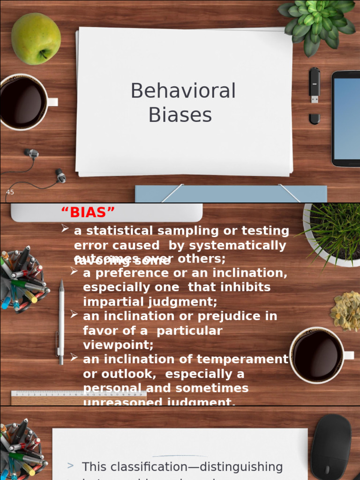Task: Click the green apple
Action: (36, 38)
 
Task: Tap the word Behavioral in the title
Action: (183, 91)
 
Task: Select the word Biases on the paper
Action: (180, 115)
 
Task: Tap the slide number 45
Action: (10, 192)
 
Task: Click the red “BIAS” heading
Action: (88, 213)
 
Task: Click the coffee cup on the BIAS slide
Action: (318, 355)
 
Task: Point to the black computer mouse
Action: (331, 446)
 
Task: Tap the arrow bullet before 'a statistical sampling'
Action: (65, 228)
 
